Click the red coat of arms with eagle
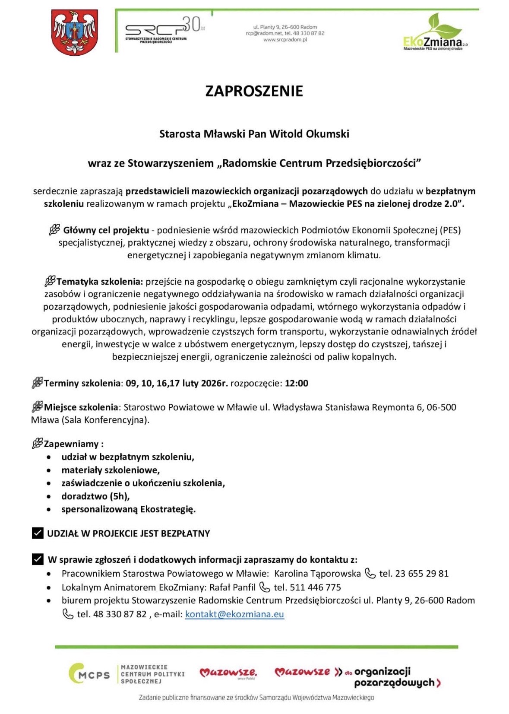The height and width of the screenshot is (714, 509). (75, 32)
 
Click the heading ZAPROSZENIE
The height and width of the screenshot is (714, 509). (254, 91)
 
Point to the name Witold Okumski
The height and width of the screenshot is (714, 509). (309, 134)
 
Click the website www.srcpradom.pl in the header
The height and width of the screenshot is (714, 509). (285, 40)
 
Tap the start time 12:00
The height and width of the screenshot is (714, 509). (297, 383)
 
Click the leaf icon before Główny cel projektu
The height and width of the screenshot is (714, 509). (54, 230)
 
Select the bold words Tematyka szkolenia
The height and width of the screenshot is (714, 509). (100, 282)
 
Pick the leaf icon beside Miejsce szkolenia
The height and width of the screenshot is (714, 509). (37, 407)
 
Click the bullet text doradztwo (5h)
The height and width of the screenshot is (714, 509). (95, 496)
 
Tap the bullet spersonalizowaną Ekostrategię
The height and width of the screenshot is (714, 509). (128, 509)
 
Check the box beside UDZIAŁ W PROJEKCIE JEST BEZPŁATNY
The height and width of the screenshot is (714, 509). (38, 533)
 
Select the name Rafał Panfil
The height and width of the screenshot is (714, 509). (232, 587)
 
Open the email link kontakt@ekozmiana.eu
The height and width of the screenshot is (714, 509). (234, 614)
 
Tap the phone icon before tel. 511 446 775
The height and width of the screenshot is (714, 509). (264, 587)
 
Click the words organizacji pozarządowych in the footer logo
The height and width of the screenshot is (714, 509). (389, 677)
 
